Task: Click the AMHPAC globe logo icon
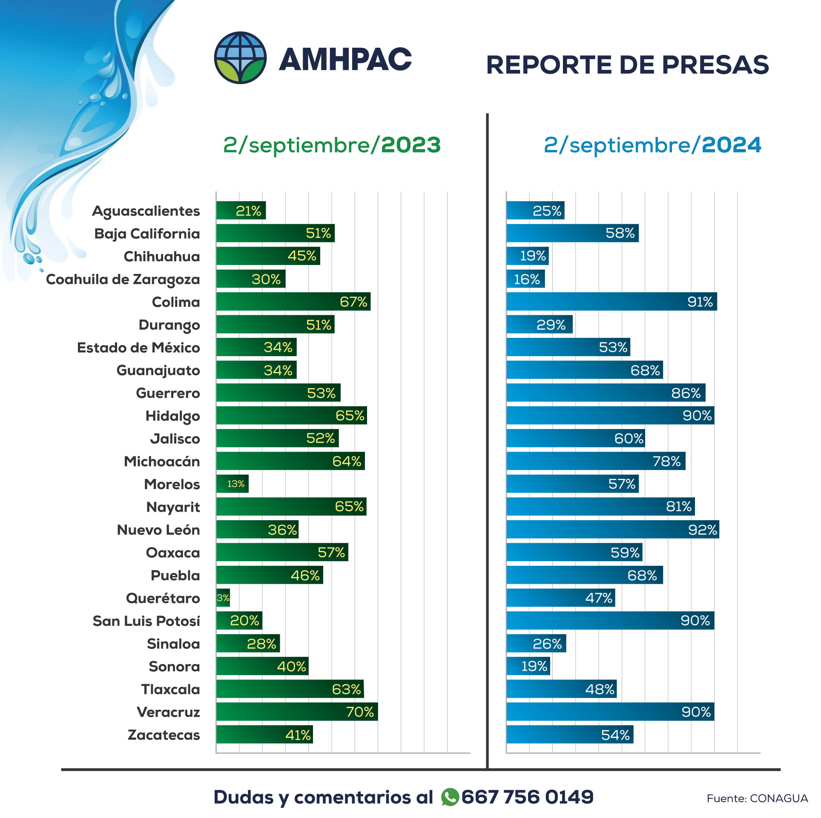click(240, 58)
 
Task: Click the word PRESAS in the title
click(715, 65)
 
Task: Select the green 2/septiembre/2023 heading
click(332, 145)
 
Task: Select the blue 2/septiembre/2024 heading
click(652, 145)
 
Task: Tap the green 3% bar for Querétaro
click(223, 598)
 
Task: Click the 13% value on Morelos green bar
click(235, 484)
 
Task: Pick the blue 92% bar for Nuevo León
click(612, 530)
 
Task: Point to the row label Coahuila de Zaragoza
click(123, 279)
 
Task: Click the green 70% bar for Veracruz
click(296, 711)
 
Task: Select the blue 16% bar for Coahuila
click(525, 279)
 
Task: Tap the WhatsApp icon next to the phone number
click(450, 797)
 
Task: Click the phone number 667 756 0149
click(527, 797)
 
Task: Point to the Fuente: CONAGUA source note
click(757, 798)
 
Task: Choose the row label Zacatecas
click(164, 735)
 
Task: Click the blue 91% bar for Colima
click(611, 302)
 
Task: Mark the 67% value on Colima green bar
click(353, 302)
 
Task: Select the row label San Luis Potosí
click(146, 621)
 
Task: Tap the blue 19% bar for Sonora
click(528, 666)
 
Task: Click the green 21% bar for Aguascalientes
click(241, 210)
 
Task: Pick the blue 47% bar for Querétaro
click(560, 598)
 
